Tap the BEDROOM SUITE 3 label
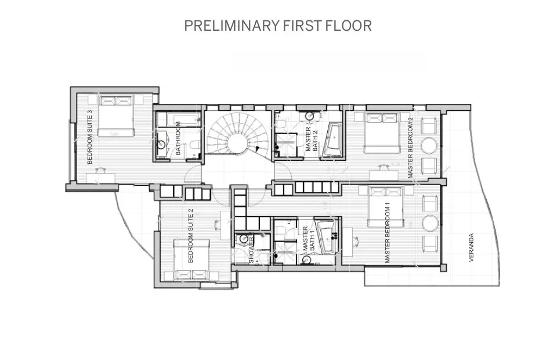tap(89, 137)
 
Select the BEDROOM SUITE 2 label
tap(190, 236)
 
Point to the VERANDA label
tap(472, 248)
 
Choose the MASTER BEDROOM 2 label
tap(410, 147)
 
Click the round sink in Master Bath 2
tap(310, 116)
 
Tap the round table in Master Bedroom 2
tap(431, 144)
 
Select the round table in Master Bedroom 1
tap(431, 222)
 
